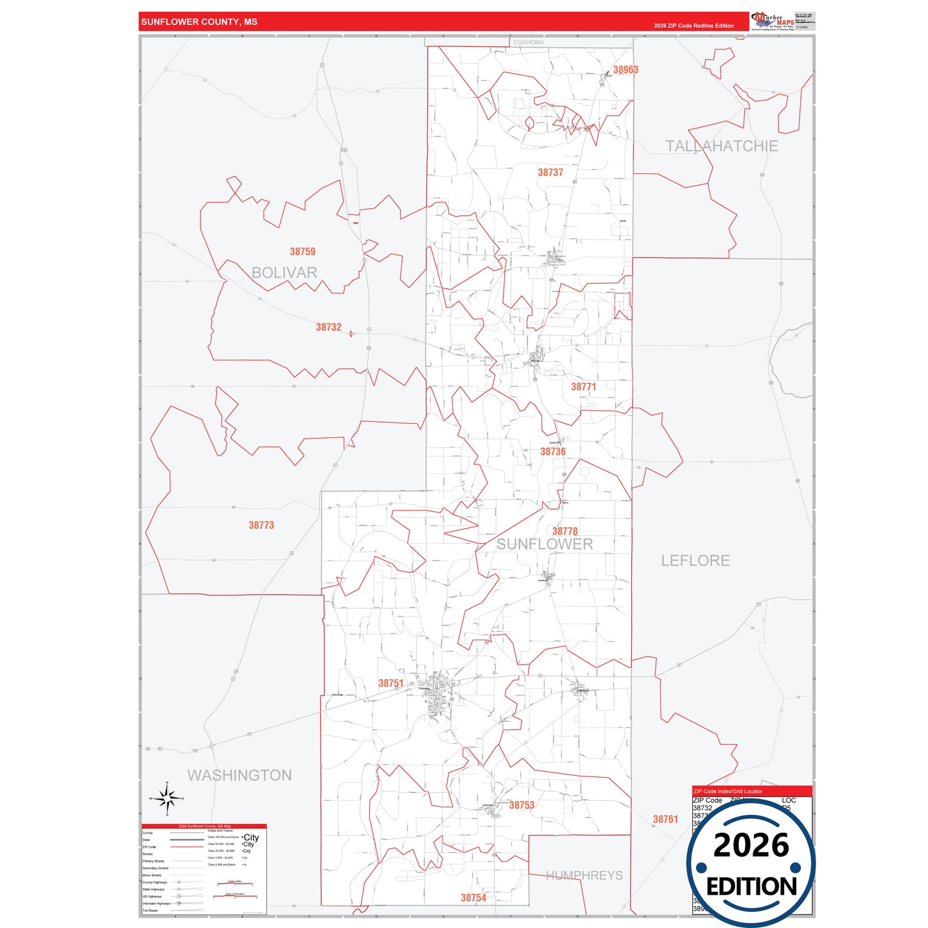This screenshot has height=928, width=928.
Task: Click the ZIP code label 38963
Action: [x=625, y=70]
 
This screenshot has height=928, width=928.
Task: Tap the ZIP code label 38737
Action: [x=550, y=173]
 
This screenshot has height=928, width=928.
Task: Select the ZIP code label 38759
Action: [x=302, y=252]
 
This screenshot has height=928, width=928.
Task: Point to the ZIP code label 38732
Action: [x=328, y=328]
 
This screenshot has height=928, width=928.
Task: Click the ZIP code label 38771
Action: [x=583, y=387]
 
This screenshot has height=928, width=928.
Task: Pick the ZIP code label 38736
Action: [x=552, y=451]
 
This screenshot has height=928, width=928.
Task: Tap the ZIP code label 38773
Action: [x=261, y=525]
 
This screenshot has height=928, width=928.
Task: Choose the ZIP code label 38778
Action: [x=565, y=531]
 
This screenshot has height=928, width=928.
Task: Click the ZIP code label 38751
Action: [x=390, y=683]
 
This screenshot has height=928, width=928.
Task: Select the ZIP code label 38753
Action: [x=521, y=805]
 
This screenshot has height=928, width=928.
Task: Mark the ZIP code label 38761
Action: [x=665, y=819]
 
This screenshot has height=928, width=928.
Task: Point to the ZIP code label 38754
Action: [x=473, y=898]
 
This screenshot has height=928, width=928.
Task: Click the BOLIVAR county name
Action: [x=285, y=273]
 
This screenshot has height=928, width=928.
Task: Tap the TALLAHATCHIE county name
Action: [x=721, y=146]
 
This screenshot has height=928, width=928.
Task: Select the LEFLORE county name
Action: [x=696, y=561]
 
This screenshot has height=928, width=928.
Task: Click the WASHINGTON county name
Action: [x=240, y=775]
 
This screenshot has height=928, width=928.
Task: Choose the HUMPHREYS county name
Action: [x=584, y=875]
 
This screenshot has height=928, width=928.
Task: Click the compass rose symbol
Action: [x=167, y=798]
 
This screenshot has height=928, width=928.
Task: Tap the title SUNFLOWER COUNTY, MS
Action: [x=199, y=22]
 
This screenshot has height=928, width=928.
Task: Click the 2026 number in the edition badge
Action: [x=751, y=846]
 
